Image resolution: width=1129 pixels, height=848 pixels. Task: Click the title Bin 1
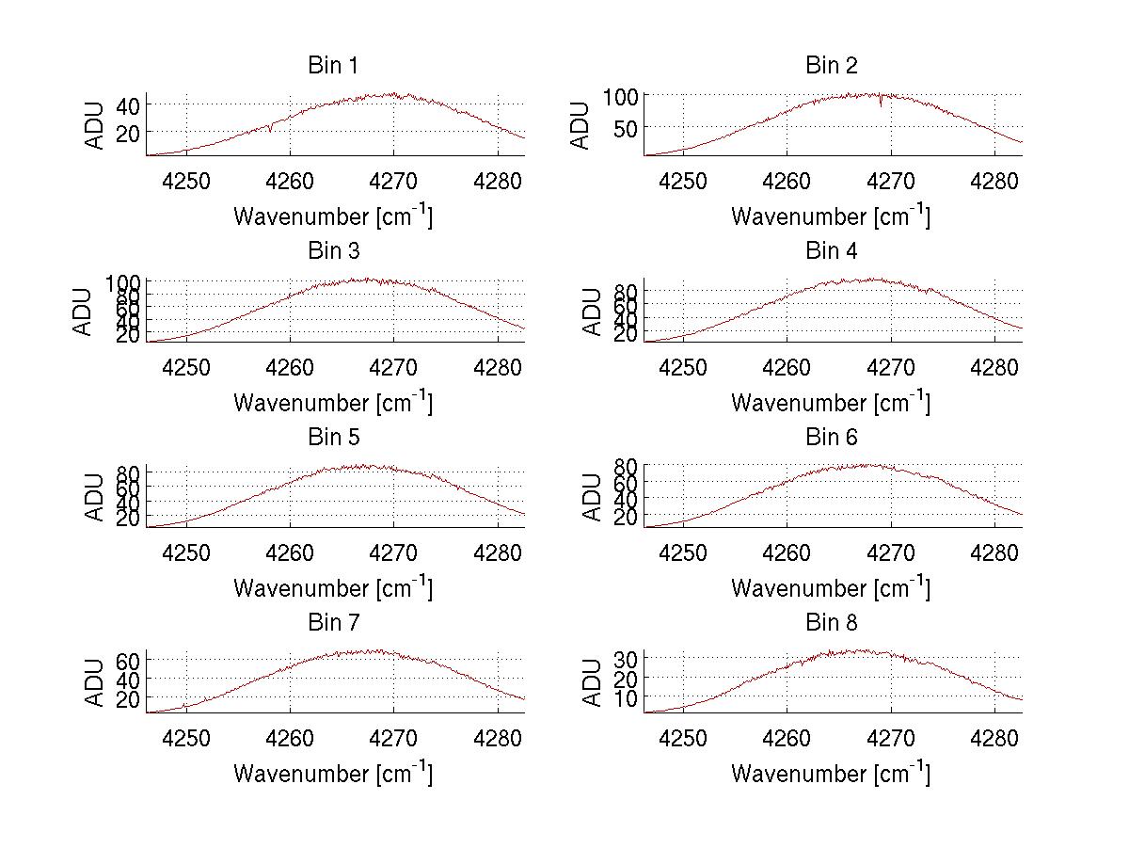point(333,65)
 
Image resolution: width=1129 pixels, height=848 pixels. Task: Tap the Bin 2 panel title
point(831,65)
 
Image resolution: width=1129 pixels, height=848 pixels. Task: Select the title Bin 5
point(333,437)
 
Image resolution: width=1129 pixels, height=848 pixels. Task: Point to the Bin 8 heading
point(831,622)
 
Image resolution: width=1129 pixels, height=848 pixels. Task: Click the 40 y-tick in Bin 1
point(129,104)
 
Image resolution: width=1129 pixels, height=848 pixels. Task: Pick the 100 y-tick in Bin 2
point(621,96)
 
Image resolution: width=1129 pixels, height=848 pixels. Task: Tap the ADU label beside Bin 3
point(83,312)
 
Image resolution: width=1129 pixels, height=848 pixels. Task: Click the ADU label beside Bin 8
point(593,683)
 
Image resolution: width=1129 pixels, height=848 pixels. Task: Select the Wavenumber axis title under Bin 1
point(333,216)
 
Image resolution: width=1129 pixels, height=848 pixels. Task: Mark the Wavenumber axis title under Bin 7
point(333,774)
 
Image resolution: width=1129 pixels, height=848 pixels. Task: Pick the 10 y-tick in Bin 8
point(628,697)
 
